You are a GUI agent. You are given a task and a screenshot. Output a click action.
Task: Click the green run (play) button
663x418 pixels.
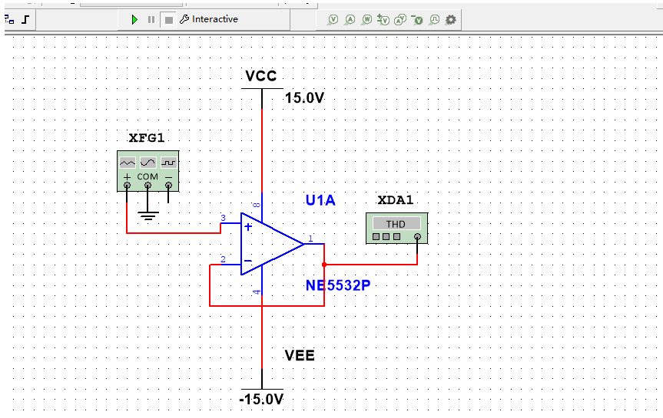pos(134,19)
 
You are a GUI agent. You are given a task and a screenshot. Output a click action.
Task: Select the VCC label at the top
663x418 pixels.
pos(260,76)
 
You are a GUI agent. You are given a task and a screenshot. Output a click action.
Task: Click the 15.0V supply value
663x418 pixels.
pos(304,98)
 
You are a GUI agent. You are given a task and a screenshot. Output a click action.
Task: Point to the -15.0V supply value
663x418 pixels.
pos(261,400)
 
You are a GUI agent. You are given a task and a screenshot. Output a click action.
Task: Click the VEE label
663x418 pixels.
pos(300,356)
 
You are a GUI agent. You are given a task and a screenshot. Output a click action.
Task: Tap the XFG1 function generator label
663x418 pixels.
pos(147,139)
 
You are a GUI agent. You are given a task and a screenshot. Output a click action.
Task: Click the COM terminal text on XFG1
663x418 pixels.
pos(148,177)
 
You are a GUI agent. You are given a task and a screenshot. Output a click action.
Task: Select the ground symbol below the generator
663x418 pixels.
pos(148,214)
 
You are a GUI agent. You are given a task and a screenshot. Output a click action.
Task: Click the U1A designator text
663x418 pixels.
pos(320,201)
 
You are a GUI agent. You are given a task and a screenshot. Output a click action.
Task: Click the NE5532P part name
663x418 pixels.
pos(338,286)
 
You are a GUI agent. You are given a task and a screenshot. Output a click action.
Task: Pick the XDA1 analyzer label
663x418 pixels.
pos(396,201)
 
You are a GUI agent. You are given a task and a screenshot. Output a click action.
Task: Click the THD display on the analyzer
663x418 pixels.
pos(396,224)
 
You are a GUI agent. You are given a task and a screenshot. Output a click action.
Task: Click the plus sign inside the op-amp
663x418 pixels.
pos(248,226)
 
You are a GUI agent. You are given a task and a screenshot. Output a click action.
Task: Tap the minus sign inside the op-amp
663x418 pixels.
pos(247,262)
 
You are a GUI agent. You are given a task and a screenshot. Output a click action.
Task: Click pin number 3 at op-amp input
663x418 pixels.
pos(224,219)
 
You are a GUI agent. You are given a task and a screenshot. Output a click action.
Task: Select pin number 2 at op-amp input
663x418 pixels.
pos(224,260)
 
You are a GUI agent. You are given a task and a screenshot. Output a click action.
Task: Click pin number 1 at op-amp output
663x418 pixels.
pos(311,239)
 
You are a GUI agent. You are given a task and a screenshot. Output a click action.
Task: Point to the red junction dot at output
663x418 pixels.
pos(324,265)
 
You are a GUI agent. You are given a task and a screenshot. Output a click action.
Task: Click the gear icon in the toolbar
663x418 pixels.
pos(451,19)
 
